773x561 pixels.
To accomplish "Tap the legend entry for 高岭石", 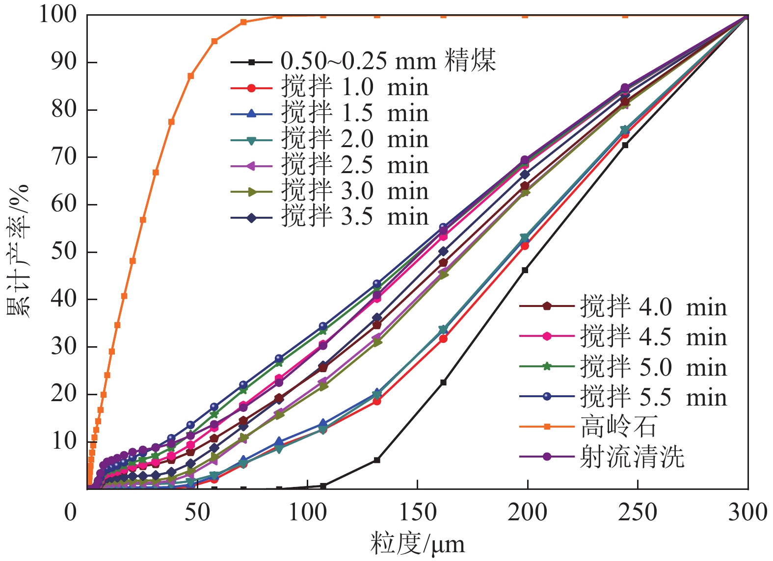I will [x=618, y=426].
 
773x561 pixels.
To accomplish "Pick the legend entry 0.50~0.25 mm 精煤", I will [x=388, y=61].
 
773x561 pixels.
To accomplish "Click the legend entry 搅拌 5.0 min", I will [x=653, y=367].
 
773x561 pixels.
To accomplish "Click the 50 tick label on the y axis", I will [x=64, y=252].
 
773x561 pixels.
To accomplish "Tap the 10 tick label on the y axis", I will [x=64, y=441].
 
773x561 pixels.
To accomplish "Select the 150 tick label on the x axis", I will [x=418, y=512].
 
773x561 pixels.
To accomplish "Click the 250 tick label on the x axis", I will [x=638, y=512].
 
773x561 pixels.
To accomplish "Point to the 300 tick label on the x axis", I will [x=747, y=512].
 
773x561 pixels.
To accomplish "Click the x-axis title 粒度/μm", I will [x=417, y=544].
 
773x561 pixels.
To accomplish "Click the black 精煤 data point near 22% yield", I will [x=443, y=382].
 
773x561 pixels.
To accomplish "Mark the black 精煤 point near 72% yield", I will [x=625, y=145].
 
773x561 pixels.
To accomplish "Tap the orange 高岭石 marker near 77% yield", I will [x=171, y=122].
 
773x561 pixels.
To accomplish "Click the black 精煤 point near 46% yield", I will [x=525, y=270].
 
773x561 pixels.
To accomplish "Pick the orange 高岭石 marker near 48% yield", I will [x=133, y=261].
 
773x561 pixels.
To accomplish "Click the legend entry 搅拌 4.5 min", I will [x=653, y=337].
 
